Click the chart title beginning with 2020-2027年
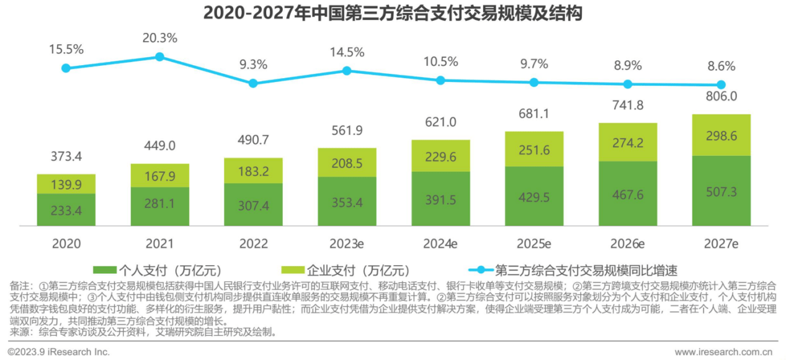pos(393,13)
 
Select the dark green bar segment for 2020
pos(66,210)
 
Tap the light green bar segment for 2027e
pos(721,135)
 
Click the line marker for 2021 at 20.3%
pos(159,56)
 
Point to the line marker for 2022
pos(253,83)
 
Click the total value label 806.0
pos(721,96)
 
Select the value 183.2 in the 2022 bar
pos(253,171)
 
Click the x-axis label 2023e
pos(347,243)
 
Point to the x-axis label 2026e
pos(627,243)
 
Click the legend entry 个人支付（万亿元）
pos(158,270)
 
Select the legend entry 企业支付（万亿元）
pos(347,270)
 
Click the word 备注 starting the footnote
pos(19,286)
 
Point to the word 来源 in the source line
pos(19,332)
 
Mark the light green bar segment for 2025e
pos(534,149)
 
